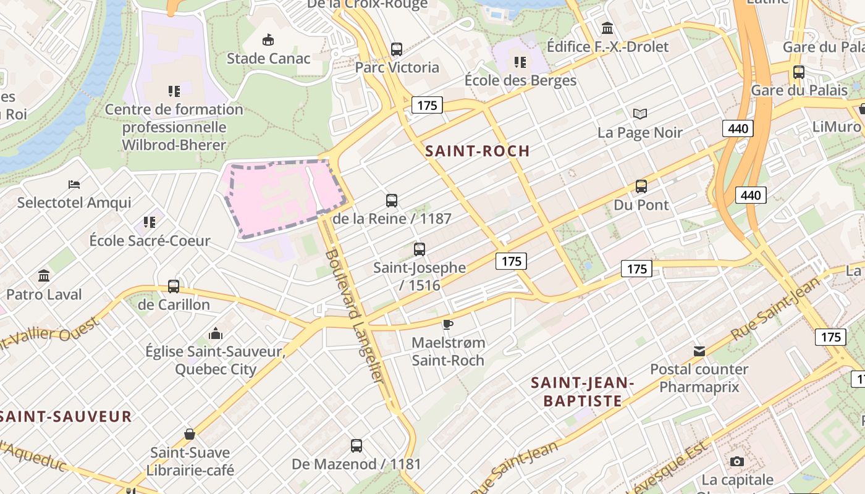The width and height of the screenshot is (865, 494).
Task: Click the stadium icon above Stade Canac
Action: tap(268, 40)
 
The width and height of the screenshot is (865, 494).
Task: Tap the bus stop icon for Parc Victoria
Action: tap(397, 49)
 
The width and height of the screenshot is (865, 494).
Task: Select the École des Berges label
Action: tap(520, 80)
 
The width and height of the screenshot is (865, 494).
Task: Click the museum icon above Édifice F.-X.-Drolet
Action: tap(607, 28)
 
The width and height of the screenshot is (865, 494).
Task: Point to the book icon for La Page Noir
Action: tap(640, 114)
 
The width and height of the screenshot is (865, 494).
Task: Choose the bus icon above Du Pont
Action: tap(641, 186)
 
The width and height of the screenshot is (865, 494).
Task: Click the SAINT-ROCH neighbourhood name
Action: tap(478, 151)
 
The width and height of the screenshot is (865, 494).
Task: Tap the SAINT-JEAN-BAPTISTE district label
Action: tap(583, 392)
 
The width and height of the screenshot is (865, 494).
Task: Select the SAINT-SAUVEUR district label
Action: tap(65, 416)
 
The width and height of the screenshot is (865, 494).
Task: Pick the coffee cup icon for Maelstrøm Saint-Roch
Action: tap(448, 324)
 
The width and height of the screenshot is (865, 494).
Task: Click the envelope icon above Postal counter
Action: tap(699, 351)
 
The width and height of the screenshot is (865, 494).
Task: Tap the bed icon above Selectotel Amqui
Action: tap(74, 185)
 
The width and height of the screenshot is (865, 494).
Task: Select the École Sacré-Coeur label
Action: tap(150, 241)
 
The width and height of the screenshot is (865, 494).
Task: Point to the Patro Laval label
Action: tap(44, 295)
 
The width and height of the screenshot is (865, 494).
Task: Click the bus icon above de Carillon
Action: tap(174, 287)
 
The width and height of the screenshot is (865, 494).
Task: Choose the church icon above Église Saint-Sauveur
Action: tap(216, 333)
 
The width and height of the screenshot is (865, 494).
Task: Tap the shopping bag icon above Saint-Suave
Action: tap(190, 434)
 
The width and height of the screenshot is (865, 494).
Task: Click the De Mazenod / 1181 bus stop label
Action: tap(356, 464)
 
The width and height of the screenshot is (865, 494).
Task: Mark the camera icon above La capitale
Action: tap(736, 461)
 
